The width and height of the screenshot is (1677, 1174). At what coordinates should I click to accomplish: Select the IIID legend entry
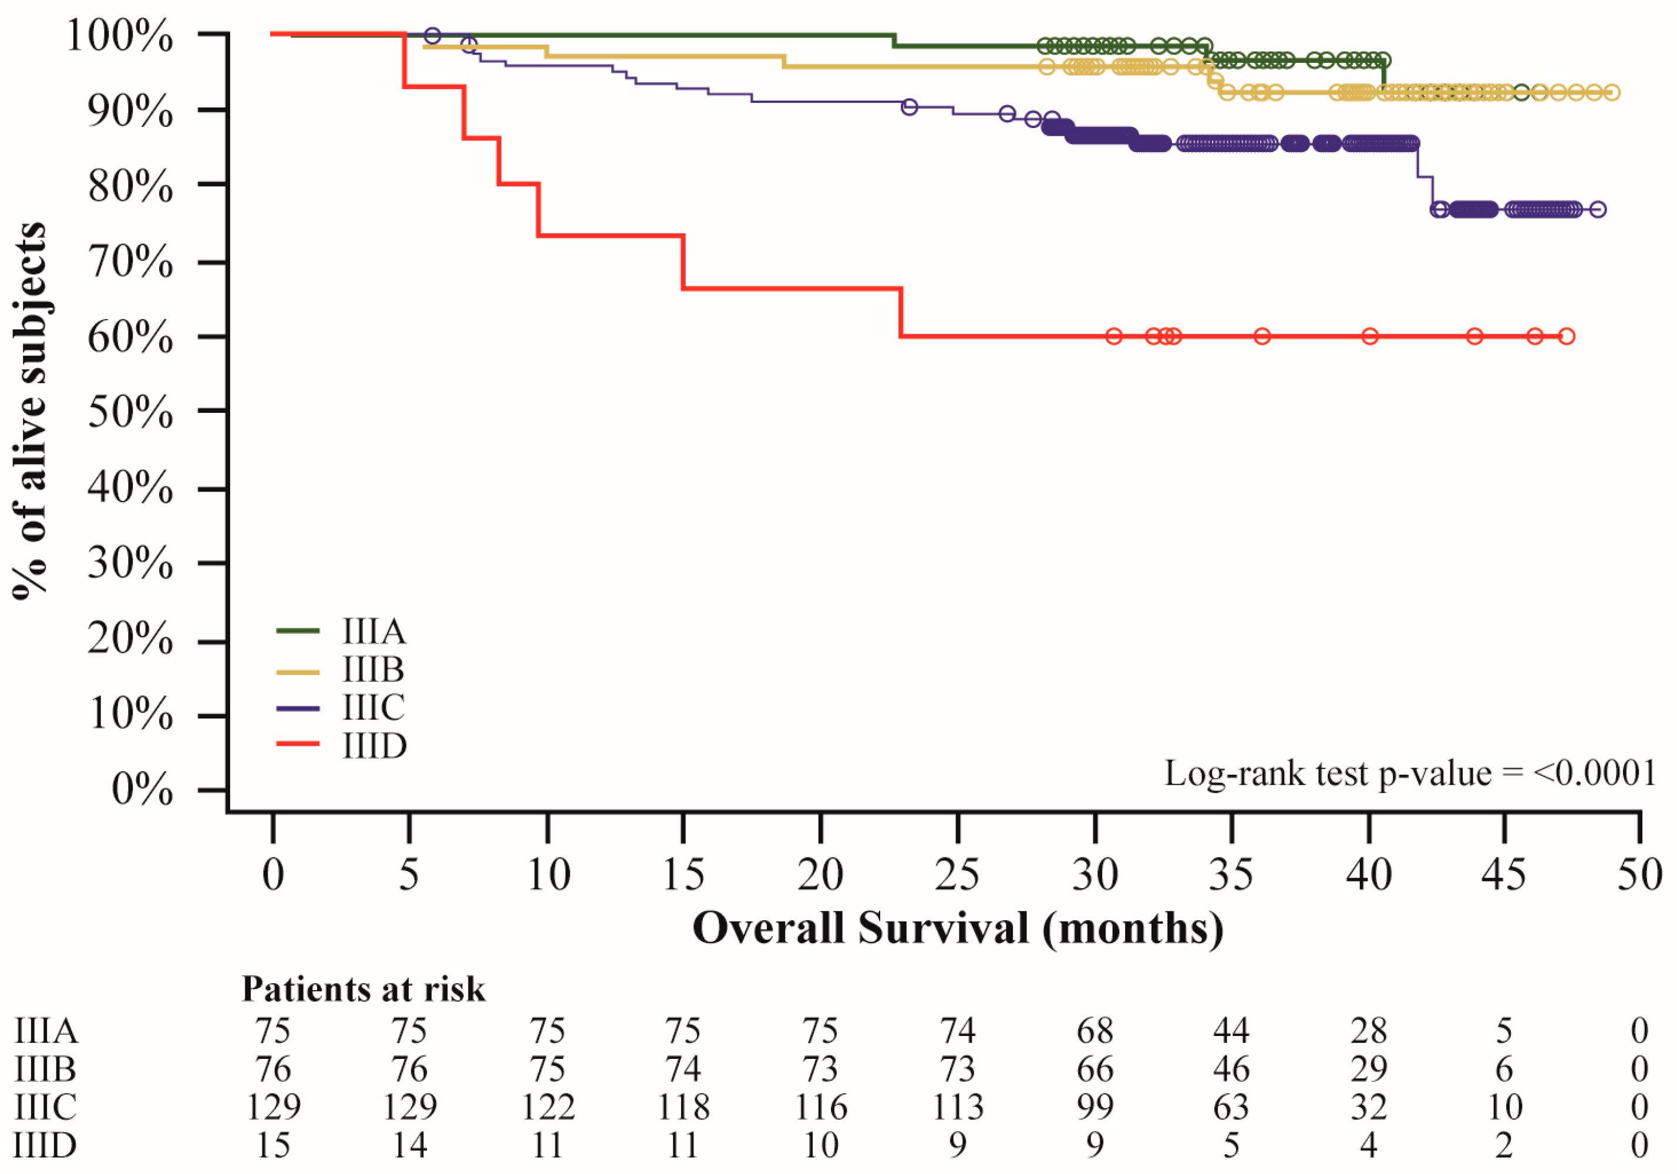(x=341, y=746)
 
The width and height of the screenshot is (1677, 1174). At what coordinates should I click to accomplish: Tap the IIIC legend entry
(x=341, y=708)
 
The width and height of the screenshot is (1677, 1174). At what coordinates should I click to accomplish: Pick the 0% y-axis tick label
(x=143, y=790)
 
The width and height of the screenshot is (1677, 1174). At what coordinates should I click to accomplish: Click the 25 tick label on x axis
(x=957, y=874)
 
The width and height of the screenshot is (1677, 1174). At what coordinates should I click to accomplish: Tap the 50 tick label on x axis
(x=1640, y=874)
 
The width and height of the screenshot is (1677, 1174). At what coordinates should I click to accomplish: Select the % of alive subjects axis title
(x=29, y=411)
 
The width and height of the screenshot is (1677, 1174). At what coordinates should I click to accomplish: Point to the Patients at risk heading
(x=363, y=989)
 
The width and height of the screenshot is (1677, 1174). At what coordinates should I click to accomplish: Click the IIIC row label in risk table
(x=45, y=1107)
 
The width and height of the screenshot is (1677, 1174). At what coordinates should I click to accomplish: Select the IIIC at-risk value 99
(x=1095, y=1107)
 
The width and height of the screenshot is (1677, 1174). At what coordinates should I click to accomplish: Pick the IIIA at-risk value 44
(x=1231, y=1031)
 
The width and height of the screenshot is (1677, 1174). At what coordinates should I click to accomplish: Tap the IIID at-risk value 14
(x=410, y=1145)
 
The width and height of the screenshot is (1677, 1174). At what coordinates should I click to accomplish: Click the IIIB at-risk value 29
(x=1369, y=1069)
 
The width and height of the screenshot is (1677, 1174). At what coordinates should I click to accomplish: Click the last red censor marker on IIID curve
(x=1566, y=336)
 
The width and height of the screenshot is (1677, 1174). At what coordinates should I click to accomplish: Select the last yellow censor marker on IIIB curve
(x=1612, y=93)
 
